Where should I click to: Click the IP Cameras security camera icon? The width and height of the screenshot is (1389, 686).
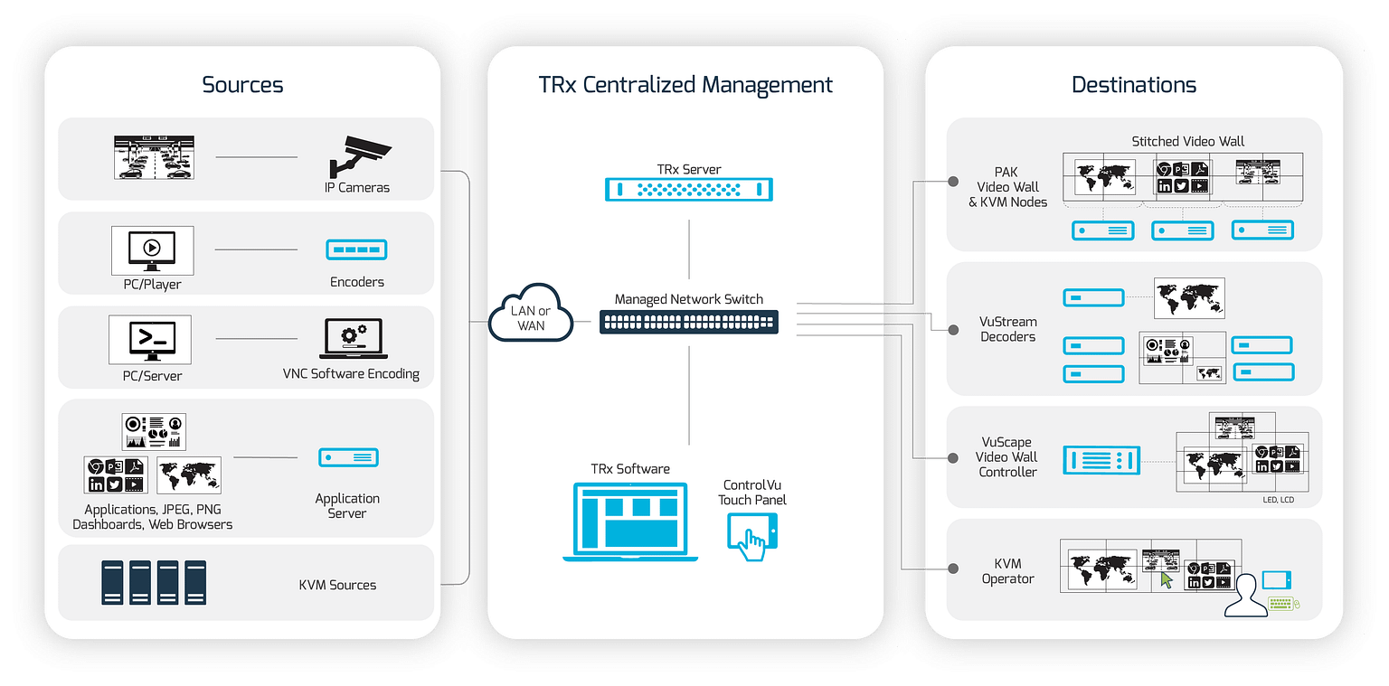pyautogui.click(x=358, y=157)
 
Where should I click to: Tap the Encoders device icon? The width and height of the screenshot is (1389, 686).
pyautogui.click(x=356, y=249)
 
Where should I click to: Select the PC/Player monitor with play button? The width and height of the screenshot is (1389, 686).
pyautogui.click(x=152, y=250)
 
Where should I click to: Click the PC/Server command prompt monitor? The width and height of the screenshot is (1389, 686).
pyautogui.click(x=149, y=340)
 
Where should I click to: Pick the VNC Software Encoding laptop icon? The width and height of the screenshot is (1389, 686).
pyautogui.click(x=351, y=340)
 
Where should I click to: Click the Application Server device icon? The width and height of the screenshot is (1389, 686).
pyautogui.click(x=348, y=457)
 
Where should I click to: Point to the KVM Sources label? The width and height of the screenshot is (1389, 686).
pyautogui.click(x=337, y=585)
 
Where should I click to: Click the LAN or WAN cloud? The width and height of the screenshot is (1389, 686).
pyautogui.click(x=531, y=315)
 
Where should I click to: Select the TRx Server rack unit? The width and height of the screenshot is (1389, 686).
pyautogui.click(x=689, y=189)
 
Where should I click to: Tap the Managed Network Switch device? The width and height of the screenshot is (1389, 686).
pyautogui.click(x=689, y=322)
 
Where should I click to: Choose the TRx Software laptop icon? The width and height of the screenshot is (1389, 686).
pyautogui.click(x=630, y=521)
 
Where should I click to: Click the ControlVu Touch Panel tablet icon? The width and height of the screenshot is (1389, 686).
pyautogui.click(x=751, y=536)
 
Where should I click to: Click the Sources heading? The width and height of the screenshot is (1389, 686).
pyautogui.click(x=242, y=85)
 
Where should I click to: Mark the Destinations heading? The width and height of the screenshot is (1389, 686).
pyautogui.click(x=1133, y=85)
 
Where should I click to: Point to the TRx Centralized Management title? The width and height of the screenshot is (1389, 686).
pyautogui.click(x=685, y=85)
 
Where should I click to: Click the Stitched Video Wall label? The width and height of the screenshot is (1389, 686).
pyautogui.click(x=1187, y=141)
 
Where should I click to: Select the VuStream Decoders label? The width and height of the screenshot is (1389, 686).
pyautogui.click(x=1007, y=329)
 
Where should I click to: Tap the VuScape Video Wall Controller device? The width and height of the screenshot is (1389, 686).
pyautogui.click(x=1101, y=460)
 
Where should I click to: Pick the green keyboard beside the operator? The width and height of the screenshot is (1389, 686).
pyautogui.click(x=1282, y=603)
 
